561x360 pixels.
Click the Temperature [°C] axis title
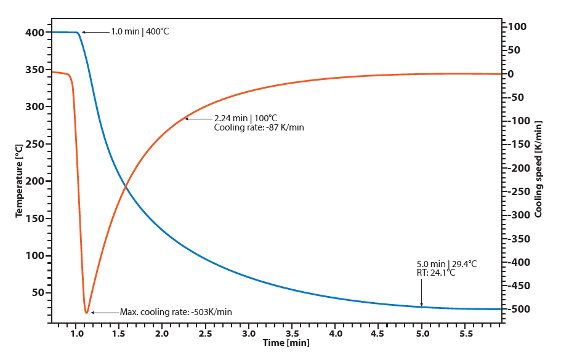19,180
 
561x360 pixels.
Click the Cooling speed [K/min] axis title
539,169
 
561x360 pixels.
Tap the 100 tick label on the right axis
515,26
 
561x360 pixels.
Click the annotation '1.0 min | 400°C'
139,31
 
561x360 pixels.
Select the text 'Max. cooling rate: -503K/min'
176,312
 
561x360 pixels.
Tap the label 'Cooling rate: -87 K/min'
259,127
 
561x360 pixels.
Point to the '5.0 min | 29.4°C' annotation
446,263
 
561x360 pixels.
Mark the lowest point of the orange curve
86,313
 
